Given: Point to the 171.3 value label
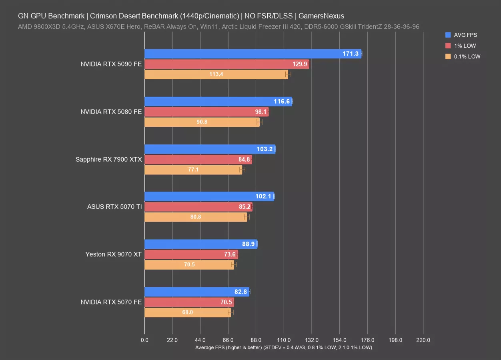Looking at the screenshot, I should click(x=351, y=54).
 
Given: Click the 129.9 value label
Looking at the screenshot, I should click(x=300, y=64).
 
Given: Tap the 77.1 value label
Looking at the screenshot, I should click(x=193, y=170).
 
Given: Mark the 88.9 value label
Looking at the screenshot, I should click(x=248, y=244).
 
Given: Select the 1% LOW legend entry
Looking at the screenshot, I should click(x=465, y=46).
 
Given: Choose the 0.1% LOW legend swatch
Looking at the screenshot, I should click(x=448, y=56).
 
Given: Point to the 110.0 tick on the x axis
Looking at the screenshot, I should click(x=284, y=340).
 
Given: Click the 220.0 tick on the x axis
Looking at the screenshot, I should click(x=423, y=340).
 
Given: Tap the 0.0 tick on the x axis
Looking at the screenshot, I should click(x=144, y=340).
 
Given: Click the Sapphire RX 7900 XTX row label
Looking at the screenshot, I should click(x=108, y=159).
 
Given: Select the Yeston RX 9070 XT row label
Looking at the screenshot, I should click(x=113, y=254).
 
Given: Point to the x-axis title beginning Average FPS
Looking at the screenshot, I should click(x=283, y=348).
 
